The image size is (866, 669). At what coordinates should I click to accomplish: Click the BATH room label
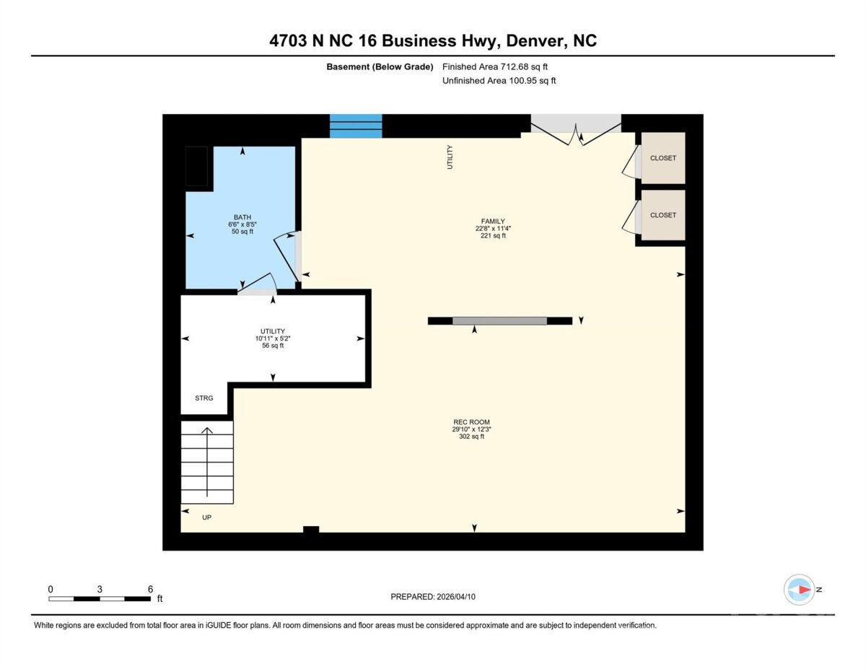242,217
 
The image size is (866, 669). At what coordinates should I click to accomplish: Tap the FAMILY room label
493,221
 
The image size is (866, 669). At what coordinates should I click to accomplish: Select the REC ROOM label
471,422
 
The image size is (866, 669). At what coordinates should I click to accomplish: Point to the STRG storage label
204,398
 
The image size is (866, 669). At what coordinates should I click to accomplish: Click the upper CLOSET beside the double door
662,158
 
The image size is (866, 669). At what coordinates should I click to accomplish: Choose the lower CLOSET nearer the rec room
662,215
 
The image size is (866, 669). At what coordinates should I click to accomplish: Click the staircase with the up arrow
207,462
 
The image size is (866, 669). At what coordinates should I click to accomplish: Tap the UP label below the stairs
206,517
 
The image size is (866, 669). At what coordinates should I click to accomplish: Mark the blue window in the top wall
356,126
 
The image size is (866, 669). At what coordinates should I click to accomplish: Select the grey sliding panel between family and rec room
499,320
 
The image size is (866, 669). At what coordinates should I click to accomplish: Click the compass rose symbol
799,590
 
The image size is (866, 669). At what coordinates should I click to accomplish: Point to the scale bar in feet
100,598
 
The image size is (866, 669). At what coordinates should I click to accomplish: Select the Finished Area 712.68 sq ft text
495,66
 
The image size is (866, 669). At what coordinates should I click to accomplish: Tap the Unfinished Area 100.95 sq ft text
499,81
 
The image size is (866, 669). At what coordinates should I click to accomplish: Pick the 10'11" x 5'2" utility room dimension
273,338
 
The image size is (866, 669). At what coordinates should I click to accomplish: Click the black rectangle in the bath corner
196,166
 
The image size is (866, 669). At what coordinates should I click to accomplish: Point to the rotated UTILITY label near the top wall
450,157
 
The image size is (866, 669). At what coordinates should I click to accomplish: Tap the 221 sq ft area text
493,235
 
